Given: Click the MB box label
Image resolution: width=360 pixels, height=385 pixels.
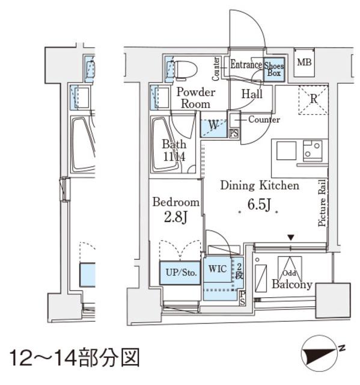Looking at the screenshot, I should click(304, 62).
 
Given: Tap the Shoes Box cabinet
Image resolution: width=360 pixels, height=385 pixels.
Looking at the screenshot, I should click(275, 69).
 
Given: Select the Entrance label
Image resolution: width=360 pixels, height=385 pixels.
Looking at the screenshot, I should click(246, 65).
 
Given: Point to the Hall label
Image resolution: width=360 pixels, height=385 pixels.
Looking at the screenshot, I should click(252, 94).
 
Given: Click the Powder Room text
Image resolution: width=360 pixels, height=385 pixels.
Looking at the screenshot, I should click(195, 97).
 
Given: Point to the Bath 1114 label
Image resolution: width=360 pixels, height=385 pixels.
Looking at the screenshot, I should click(174, 150).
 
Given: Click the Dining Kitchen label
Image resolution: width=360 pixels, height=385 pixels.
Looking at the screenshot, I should click(259, 186).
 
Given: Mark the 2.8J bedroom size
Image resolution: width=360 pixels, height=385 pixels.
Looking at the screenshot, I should click(175, 217).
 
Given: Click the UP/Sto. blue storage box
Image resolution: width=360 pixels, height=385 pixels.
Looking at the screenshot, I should click(180, 273).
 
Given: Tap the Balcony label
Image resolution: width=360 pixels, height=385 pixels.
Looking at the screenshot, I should click(291, 285).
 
